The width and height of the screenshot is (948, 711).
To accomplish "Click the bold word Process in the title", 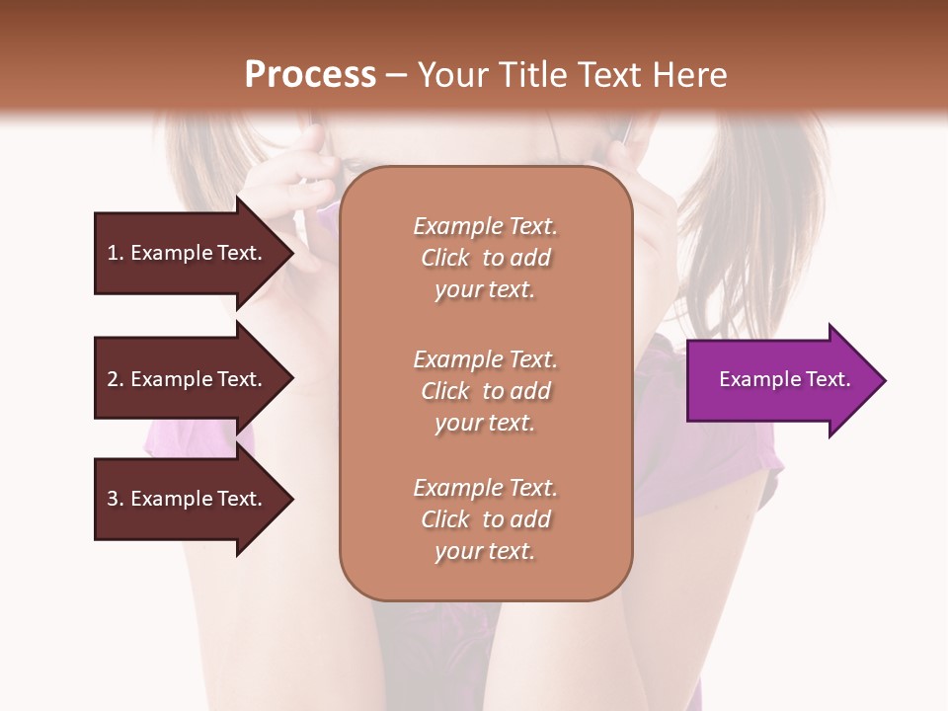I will [310, 75].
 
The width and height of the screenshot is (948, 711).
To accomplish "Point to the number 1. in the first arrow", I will [116, 253].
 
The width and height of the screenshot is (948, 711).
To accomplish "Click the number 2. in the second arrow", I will [116, 379].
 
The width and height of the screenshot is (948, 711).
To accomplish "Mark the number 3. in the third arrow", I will [116, 499].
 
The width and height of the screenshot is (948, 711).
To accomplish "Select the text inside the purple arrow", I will [784, 379].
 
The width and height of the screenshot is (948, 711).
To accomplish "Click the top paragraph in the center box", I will [485, 258].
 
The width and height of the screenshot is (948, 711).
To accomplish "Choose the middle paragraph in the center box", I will [485, 391].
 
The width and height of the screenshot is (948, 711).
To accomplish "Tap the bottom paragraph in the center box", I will [485, 519].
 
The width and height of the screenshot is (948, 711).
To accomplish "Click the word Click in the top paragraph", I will [445, 258].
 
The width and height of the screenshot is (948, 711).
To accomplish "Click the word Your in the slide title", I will [450, 75].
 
